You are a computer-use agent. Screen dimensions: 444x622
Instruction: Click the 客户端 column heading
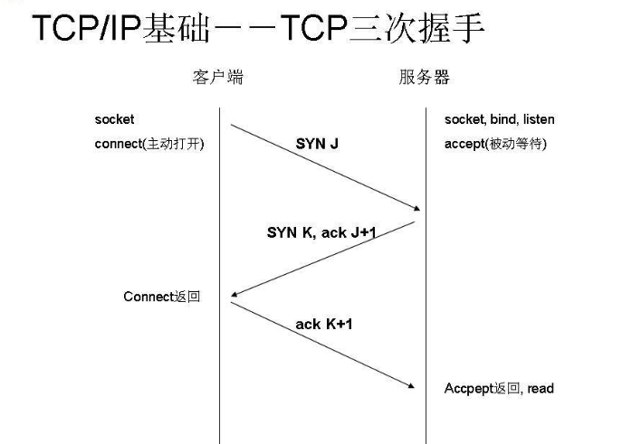click(218, 77)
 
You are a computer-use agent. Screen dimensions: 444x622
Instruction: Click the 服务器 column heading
click(424, 77)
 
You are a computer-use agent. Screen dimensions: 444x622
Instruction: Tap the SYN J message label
click(317, 143)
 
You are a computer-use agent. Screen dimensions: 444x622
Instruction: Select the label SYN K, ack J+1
click(321, 232)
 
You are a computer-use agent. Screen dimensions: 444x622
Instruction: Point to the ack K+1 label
click(323, 323)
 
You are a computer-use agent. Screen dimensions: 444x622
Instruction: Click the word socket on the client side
click(114, 119)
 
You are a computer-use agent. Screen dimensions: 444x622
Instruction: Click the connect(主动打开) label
click(148, 144)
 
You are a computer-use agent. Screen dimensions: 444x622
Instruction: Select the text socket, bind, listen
click(499, 119)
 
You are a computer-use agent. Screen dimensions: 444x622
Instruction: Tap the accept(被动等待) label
click(495, 144)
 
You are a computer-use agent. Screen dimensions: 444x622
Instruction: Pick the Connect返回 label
click(161, 297)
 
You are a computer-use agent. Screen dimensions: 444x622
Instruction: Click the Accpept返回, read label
click(498, 388)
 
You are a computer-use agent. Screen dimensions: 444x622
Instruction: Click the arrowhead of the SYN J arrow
click(417, 208)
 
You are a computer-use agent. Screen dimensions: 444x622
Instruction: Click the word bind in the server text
click(499, 119)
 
